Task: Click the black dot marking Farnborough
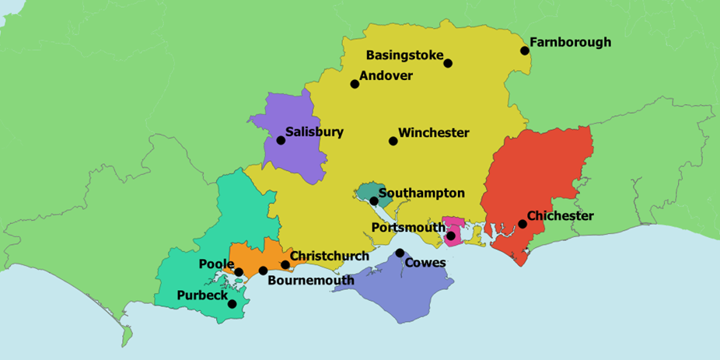525,51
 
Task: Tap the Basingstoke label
404,56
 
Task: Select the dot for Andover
355,83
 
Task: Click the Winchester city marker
393,141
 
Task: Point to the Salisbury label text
314,132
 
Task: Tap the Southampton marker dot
374,201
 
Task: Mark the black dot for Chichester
523,225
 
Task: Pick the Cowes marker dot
400,253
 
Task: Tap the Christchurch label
329,256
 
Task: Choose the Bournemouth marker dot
264,271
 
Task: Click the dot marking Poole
239,272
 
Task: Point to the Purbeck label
202,295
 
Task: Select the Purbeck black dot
232,304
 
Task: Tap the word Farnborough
570,43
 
